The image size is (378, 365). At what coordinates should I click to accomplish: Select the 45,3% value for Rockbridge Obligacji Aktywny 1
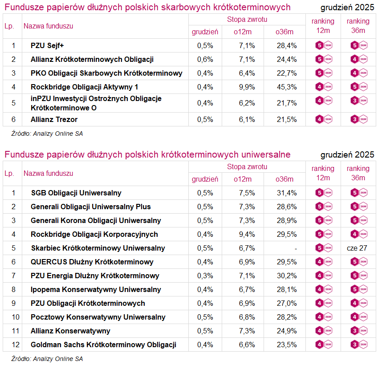pyautogui.click(x=286, y=87)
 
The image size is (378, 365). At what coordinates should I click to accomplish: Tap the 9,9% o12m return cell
pyautogui.click(x=247, y=87)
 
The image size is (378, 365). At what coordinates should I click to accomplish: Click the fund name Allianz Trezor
pyautogui.click(x=54, y=119)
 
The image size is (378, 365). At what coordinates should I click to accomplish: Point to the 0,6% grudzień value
pyautogui.click(x=205, y=59)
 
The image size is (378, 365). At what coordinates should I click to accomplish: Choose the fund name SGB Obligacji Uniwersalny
pyautogui.click(x=76, y=193)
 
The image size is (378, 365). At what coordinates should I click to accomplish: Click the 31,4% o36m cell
pyautogui.click(x=286, y=193)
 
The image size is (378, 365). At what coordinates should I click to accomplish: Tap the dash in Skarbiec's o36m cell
pyautogui.click(x=295, y=248)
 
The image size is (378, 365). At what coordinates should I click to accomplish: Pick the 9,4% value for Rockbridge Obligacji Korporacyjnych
pyautogui.click(x=247, y=234)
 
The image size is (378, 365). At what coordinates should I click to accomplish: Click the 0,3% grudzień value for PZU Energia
pyautogui.click(x=205, y=276)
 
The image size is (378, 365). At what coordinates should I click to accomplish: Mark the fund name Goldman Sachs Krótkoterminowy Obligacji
pyautogui.click(x=103, y=345)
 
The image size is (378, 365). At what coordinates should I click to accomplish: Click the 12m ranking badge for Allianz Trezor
pyautogui.click(x=323, y=119)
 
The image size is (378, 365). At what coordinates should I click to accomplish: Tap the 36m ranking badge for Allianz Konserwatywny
pyautogui.click(x=358, y=331)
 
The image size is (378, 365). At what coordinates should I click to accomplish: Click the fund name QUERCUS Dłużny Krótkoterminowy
pyautogui.click(x=92, y=262)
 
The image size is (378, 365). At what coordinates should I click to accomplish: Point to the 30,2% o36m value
pyautogui.click(x=286, y=276)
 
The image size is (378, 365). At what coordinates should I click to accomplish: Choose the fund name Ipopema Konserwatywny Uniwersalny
pyautogui.click(x=96, y=289)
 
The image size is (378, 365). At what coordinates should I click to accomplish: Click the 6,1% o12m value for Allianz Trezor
pyautogui.click(x=247, y=119)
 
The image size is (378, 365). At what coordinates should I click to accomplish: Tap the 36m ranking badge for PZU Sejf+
pyautogui.click(x=358, y=45)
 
